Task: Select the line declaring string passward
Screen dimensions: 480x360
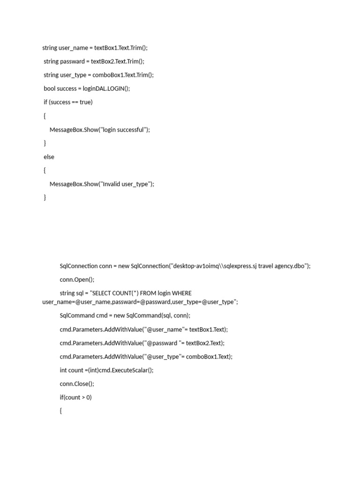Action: [94, 61]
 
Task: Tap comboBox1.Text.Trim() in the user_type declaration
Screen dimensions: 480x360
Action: [123, 75]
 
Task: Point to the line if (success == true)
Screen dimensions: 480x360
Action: [68, 102]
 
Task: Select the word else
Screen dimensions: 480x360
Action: [49, 157]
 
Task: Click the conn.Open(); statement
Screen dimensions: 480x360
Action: [77, 280]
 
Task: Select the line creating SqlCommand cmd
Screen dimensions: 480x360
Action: [125, 316]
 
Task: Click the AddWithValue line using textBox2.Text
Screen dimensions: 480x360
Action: [142, 343]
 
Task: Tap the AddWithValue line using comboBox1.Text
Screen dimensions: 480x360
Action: [146, 357]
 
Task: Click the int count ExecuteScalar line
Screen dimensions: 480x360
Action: [106, 370]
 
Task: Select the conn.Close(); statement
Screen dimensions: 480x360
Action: [77, 384]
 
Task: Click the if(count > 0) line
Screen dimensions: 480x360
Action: [75, 397]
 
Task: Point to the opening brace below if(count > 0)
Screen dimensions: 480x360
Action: [61, 411]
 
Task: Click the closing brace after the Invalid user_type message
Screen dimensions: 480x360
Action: [45, 198]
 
